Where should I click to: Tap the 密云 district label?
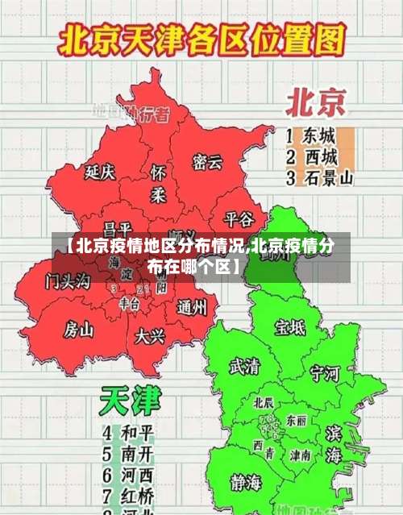[x=207, y=162]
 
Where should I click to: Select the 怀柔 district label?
[x=159, y=184]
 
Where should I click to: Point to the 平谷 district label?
[x=239, y=218]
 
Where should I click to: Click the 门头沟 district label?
[x=68, y=281]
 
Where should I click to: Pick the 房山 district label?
[x=79, y=328]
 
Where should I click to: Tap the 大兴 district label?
[x=150, y=334]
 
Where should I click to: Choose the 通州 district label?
[x=191, y=306]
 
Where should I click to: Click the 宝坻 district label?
[x=290, y=326]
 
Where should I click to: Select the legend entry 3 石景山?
[x=320, y=178]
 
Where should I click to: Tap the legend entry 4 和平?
[x=129, y=432]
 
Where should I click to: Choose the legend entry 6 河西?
[x=129, y=473]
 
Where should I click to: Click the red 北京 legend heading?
[x=316, y=102]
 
